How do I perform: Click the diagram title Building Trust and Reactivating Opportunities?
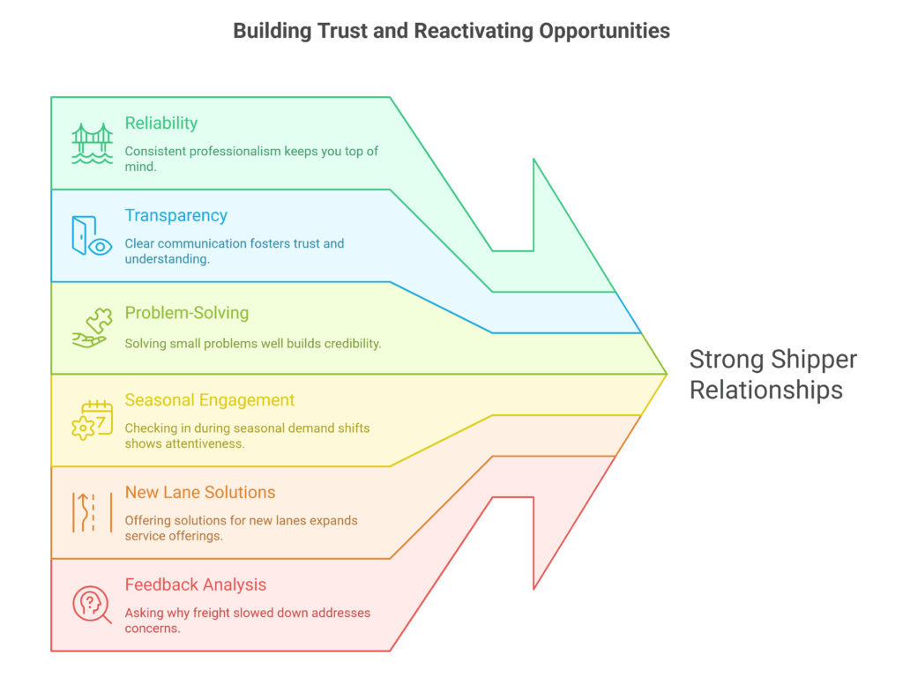click(451, 31)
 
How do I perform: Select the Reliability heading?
click(160, 123)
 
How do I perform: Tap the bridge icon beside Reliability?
click(92, 144)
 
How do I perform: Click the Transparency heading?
click(175, 216)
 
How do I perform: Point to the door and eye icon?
click(92, 236)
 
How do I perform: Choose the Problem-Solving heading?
click(187, 313)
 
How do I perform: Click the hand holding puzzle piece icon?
click(92, 328)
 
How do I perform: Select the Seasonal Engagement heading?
click(210, 400)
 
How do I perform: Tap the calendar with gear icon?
click(92, 420)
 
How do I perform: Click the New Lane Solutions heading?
click(200, 493)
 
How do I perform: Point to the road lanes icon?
click(92, 512)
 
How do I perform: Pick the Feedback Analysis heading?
click(196, 585)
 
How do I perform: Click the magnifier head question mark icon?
click(92, 605)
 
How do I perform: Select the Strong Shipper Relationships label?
click(772, 375)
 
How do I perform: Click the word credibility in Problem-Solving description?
click(349, 344)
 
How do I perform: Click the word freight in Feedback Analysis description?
click(223, 613)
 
